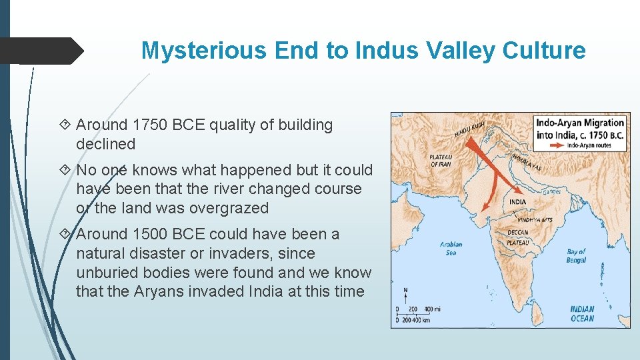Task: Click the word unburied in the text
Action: [x=106, y=273]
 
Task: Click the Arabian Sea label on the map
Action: [x=451, y=249]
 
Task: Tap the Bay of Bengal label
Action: [x=576, y=255]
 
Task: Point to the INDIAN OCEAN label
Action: [x=581, y=313]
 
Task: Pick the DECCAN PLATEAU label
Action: [x=518, y=237]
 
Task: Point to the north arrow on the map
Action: [x=406, y=294]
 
